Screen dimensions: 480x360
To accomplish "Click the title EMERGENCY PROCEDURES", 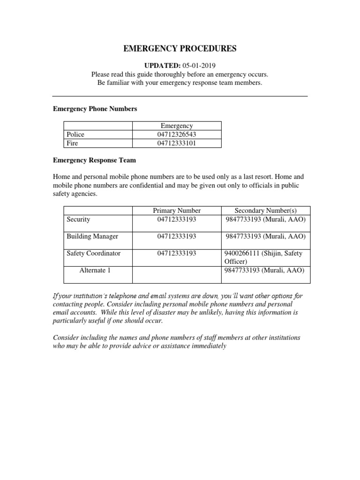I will pos(180,49).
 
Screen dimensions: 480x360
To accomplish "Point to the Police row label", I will pos(75,135).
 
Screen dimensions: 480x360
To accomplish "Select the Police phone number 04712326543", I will pos(177,135).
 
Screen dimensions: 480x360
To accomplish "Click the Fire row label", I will pos(72,143).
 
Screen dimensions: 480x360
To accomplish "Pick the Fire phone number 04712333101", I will pos(177,143).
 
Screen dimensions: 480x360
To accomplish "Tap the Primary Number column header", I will pos(177,210).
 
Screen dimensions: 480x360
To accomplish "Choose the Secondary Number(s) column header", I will pos(265,210).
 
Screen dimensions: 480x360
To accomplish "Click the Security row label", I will pos(78,219).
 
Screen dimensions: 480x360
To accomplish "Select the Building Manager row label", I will pos(92,236).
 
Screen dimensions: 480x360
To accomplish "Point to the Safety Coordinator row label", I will pos(93,253).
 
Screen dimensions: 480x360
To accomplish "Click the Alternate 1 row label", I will pos(95,270).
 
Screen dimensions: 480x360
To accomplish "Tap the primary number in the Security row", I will pos(177,219).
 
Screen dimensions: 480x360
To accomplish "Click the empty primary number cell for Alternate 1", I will pos(177,275).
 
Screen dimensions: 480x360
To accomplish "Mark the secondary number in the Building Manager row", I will pos(265,236).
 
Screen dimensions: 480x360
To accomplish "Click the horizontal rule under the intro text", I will pos(180,96).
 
